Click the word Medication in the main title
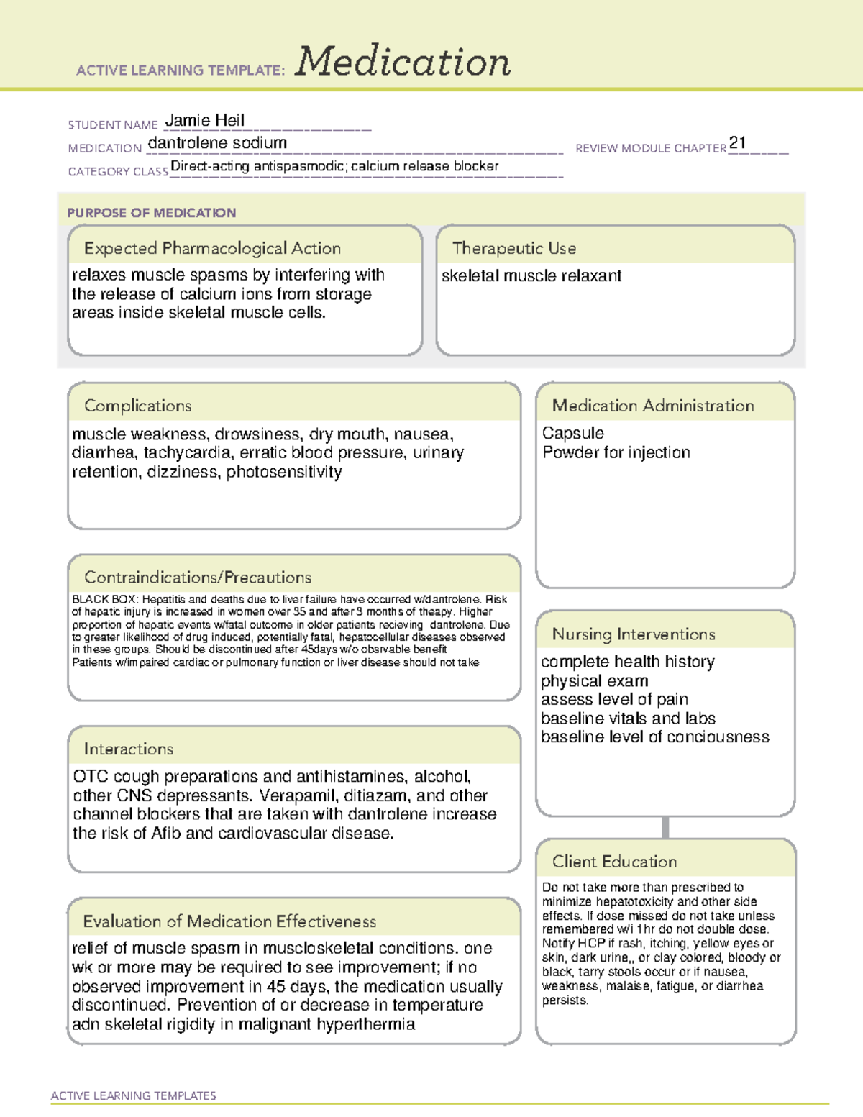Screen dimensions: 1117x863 coord(403,62)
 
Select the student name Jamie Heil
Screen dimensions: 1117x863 coord(205,121)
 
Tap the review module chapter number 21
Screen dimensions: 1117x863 coord(737,142)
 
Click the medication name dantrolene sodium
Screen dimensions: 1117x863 coord(217,143)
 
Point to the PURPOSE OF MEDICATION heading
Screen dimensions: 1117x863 coord(151,213)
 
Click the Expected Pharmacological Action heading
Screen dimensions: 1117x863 coord(212,249)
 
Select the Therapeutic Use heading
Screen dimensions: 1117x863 coord(514,249)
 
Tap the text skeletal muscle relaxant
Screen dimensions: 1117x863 coord(531,276)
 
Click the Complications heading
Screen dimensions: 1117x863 coord(138,406)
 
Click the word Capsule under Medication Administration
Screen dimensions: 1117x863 coord(573,434)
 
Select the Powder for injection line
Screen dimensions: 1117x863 coord(616,453)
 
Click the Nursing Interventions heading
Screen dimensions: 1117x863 coord(634,634)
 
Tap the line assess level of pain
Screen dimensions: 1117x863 coord(614,700)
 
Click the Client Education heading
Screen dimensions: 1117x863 coord(614,862)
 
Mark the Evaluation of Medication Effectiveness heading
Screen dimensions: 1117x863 coord(229,922)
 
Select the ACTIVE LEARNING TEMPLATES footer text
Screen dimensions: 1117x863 coord(134,1095)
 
